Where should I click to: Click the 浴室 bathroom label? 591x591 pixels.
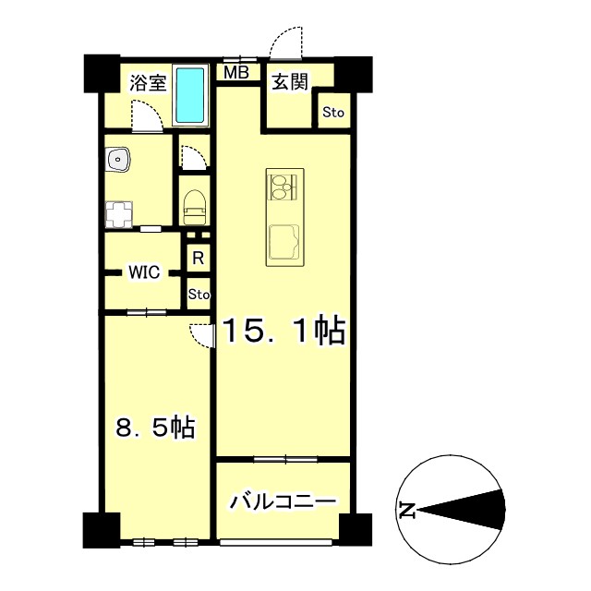147,82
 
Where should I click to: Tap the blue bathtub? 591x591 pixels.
191,95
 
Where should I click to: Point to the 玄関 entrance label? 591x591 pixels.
289,82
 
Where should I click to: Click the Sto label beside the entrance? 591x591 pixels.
332,113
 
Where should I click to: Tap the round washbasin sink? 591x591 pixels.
119,163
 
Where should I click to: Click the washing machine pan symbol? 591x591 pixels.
116,215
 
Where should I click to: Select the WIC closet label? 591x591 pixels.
144,272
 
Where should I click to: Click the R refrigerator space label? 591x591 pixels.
198,258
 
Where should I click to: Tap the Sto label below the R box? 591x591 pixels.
199,295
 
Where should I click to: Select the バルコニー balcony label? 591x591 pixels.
283,503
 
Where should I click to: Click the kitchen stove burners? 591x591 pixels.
282,187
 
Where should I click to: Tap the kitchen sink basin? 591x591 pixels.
283,243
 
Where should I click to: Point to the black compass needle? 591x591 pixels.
462,509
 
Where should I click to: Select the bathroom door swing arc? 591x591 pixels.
145,115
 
